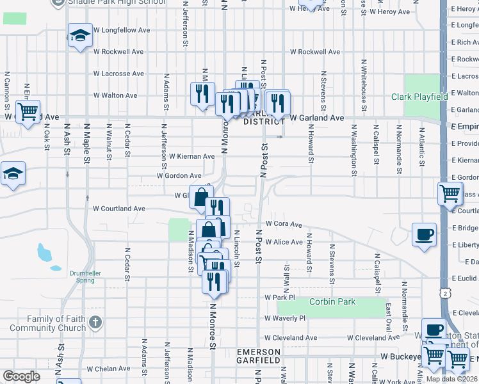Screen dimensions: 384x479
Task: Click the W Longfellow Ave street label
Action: pyautogui.click(x=122, y=30)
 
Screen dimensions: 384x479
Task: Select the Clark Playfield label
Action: pyautogui.click(x=419, y=97)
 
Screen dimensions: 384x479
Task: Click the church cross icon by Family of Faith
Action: pyautogui.click(x=95, y=323)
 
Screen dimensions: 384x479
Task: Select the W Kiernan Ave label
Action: pyautogui.click(x=191, y=156)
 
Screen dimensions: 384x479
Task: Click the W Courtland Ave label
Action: pyautogui.click(x=119, y=209)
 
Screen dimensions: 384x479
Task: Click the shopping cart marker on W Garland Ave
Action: pyautogui.click(x=28, y=112)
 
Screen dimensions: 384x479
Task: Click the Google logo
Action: pyautogui.click(x=21, y=376)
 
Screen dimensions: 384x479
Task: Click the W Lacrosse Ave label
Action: pyautogui.click(x=122, y=74)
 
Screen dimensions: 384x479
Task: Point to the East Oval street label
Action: pyautogui.click(x=389, y=316)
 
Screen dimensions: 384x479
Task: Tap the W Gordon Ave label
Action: pyautogui.click(x=179, y=176)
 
